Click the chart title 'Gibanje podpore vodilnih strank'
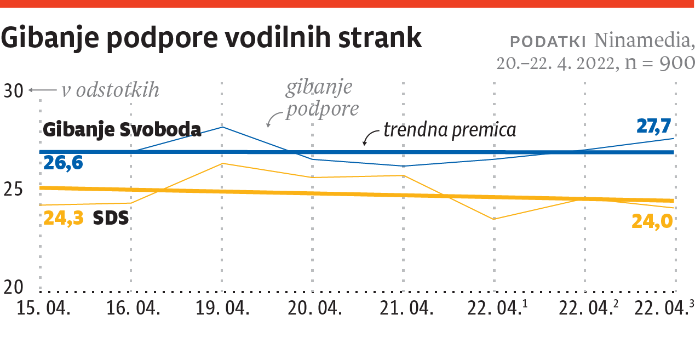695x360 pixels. (211, 38)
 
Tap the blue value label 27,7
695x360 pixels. (654, 126)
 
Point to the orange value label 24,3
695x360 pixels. (64, 218)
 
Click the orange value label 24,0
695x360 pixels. (652, 221)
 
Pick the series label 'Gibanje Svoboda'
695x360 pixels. (122, 130)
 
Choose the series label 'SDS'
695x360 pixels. (111, 218)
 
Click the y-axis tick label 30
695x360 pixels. (14, 91)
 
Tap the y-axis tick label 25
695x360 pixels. (14, 190)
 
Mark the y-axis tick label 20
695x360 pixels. (14, 287)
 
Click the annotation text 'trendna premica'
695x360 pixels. (450, 130)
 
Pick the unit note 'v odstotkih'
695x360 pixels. (110, 90)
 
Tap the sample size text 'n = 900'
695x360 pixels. (660, 63)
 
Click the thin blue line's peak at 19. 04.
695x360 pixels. (222, 127)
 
